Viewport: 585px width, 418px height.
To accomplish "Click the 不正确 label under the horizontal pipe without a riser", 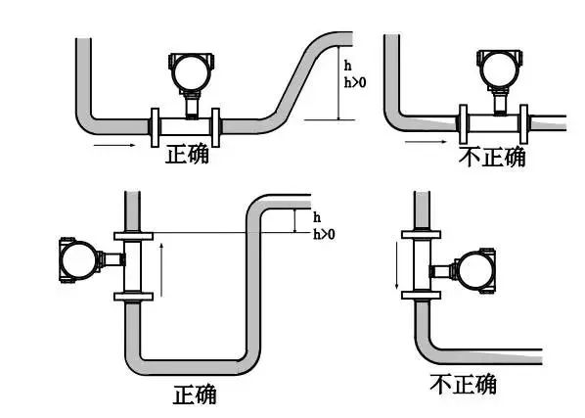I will coord(491,156).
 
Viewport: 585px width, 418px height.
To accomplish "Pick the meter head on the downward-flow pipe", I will coord(473,270).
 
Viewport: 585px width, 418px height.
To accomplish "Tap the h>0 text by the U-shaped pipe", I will coord(324,234).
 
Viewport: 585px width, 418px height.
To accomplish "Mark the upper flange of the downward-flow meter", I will coord(424,235).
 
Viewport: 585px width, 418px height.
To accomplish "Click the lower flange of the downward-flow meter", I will coord(424,294).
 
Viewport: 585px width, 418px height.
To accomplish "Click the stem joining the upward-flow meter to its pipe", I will coord(112,259).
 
